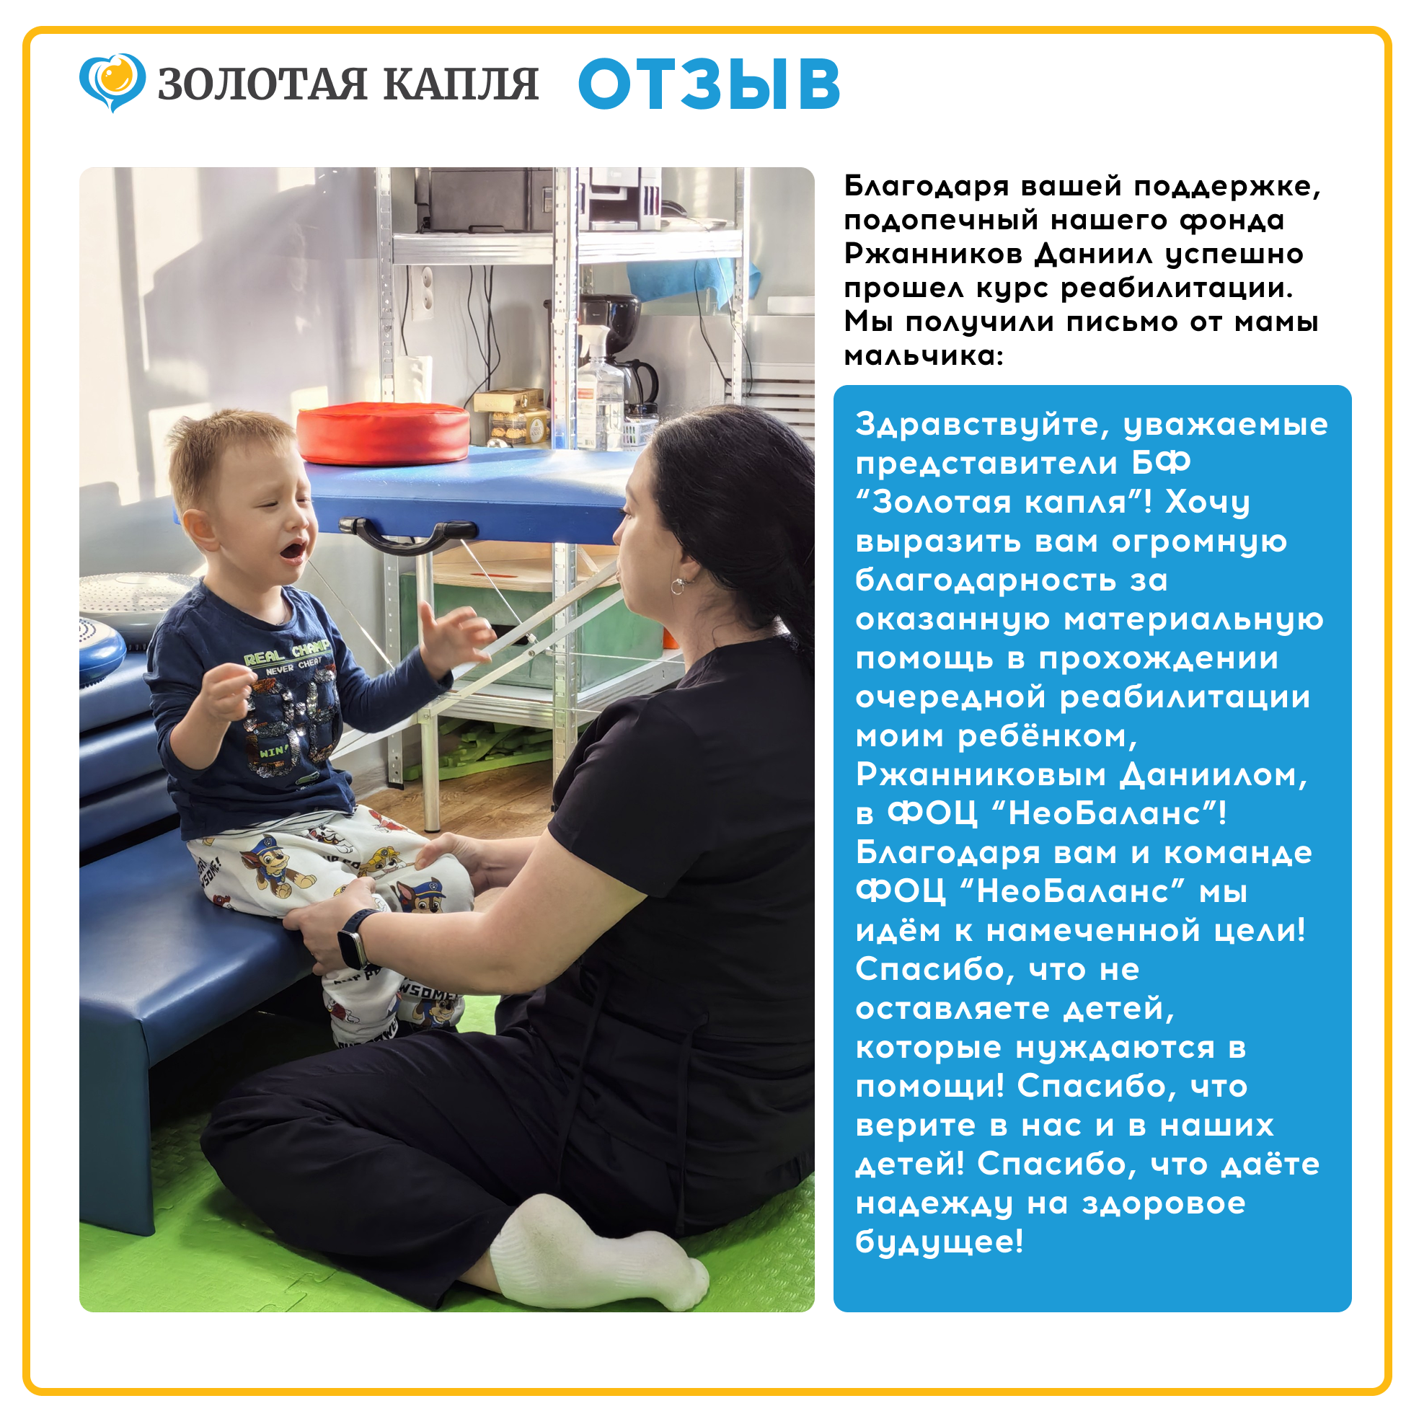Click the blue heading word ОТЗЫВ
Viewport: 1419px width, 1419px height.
(709, 84)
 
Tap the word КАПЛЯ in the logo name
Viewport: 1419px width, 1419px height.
(461, 84)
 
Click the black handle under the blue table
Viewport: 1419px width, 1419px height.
(407, 534)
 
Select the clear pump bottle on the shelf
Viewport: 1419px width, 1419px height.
(599, 390)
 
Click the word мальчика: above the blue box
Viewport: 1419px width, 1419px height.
(923, 356)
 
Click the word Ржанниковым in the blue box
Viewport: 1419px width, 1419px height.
(981, 776)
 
